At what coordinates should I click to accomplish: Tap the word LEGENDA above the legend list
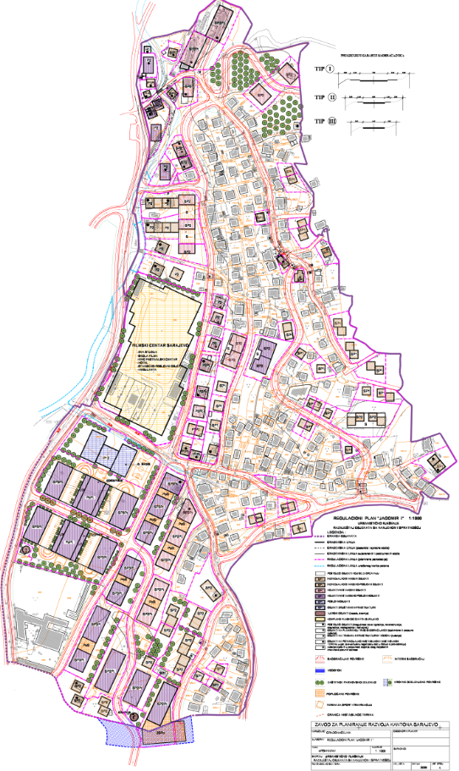point(326,534)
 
